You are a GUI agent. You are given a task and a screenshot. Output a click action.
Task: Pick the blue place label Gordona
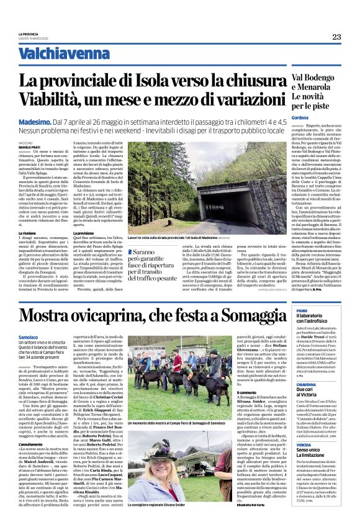tap(300, 119)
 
